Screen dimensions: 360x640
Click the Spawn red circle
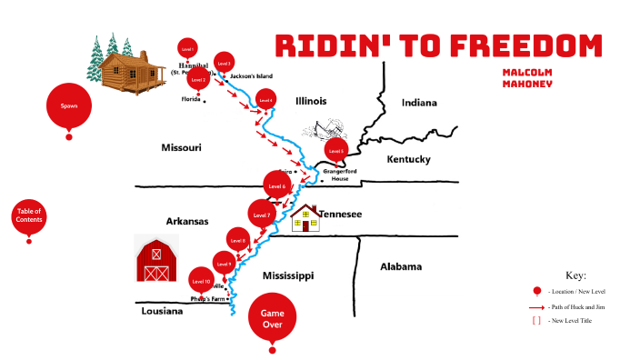[x=69, y=106]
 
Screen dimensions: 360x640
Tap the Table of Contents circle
[x=29, y=216]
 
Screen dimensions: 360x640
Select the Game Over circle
[x=272, y=317]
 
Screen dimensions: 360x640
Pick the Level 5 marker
[x=336, y=150]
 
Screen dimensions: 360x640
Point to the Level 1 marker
[x=187, y=48]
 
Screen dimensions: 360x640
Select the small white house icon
[x=305, y=218]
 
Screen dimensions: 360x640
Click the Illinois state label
[x=311, y=101]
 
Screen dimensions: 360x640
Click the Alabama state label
[x=401, y=267]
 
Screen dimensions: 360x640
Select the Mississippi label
[x=287, y=275]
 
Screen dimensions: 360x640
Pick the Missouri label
[x=181, y=146]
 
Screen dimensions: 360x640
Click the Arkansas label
[x=187, y=221]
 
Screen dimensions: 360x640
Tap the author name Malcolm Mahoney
[x=527, y=76]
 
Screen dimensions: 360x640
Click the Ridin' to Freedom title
[x=438, y=46]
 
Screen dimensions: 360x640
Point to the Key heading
[x=575, y=275]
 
